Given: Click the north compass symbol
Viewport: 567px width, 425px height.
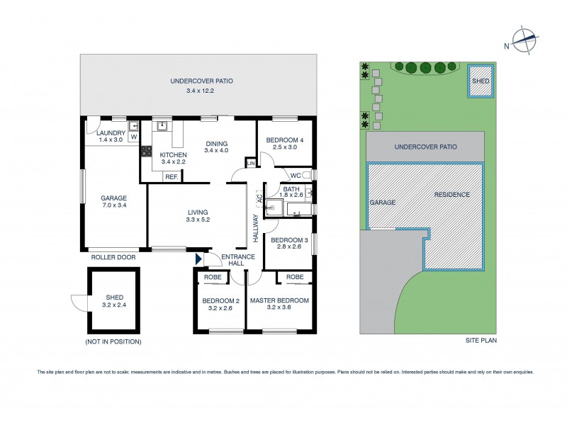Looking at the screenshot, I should pos(524,41).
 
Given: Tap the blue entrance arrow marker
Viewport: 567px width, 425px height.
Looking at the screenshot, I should pos(198,261).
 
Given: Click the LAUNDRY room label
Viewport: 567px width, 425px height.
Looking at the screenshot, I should pos(111,133).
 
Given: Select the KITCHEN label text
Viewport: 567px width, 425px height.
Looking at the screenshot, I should pos(173,154).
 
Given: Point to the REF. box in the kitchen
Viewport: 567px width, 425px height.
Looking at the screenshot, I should pos(171,177).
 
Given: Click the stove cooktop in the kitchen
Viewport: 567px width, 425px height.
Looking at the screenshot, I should pos(147,150).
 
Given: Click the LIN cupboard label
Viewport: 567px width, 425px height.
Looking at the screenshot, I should pos(250,164).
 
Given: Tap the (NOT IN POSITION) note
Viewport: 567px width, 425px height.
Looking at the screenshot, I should pos(113,341).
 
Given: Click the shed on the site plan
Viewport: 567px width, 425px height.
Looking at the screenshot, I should pos(480,80).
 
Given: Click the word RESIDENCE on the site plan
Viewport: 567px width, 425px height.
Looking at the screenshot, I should pos(452,193).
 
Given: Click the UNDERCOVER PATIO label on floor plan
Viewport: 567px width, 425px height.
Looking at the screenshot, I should pos(201,81).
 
